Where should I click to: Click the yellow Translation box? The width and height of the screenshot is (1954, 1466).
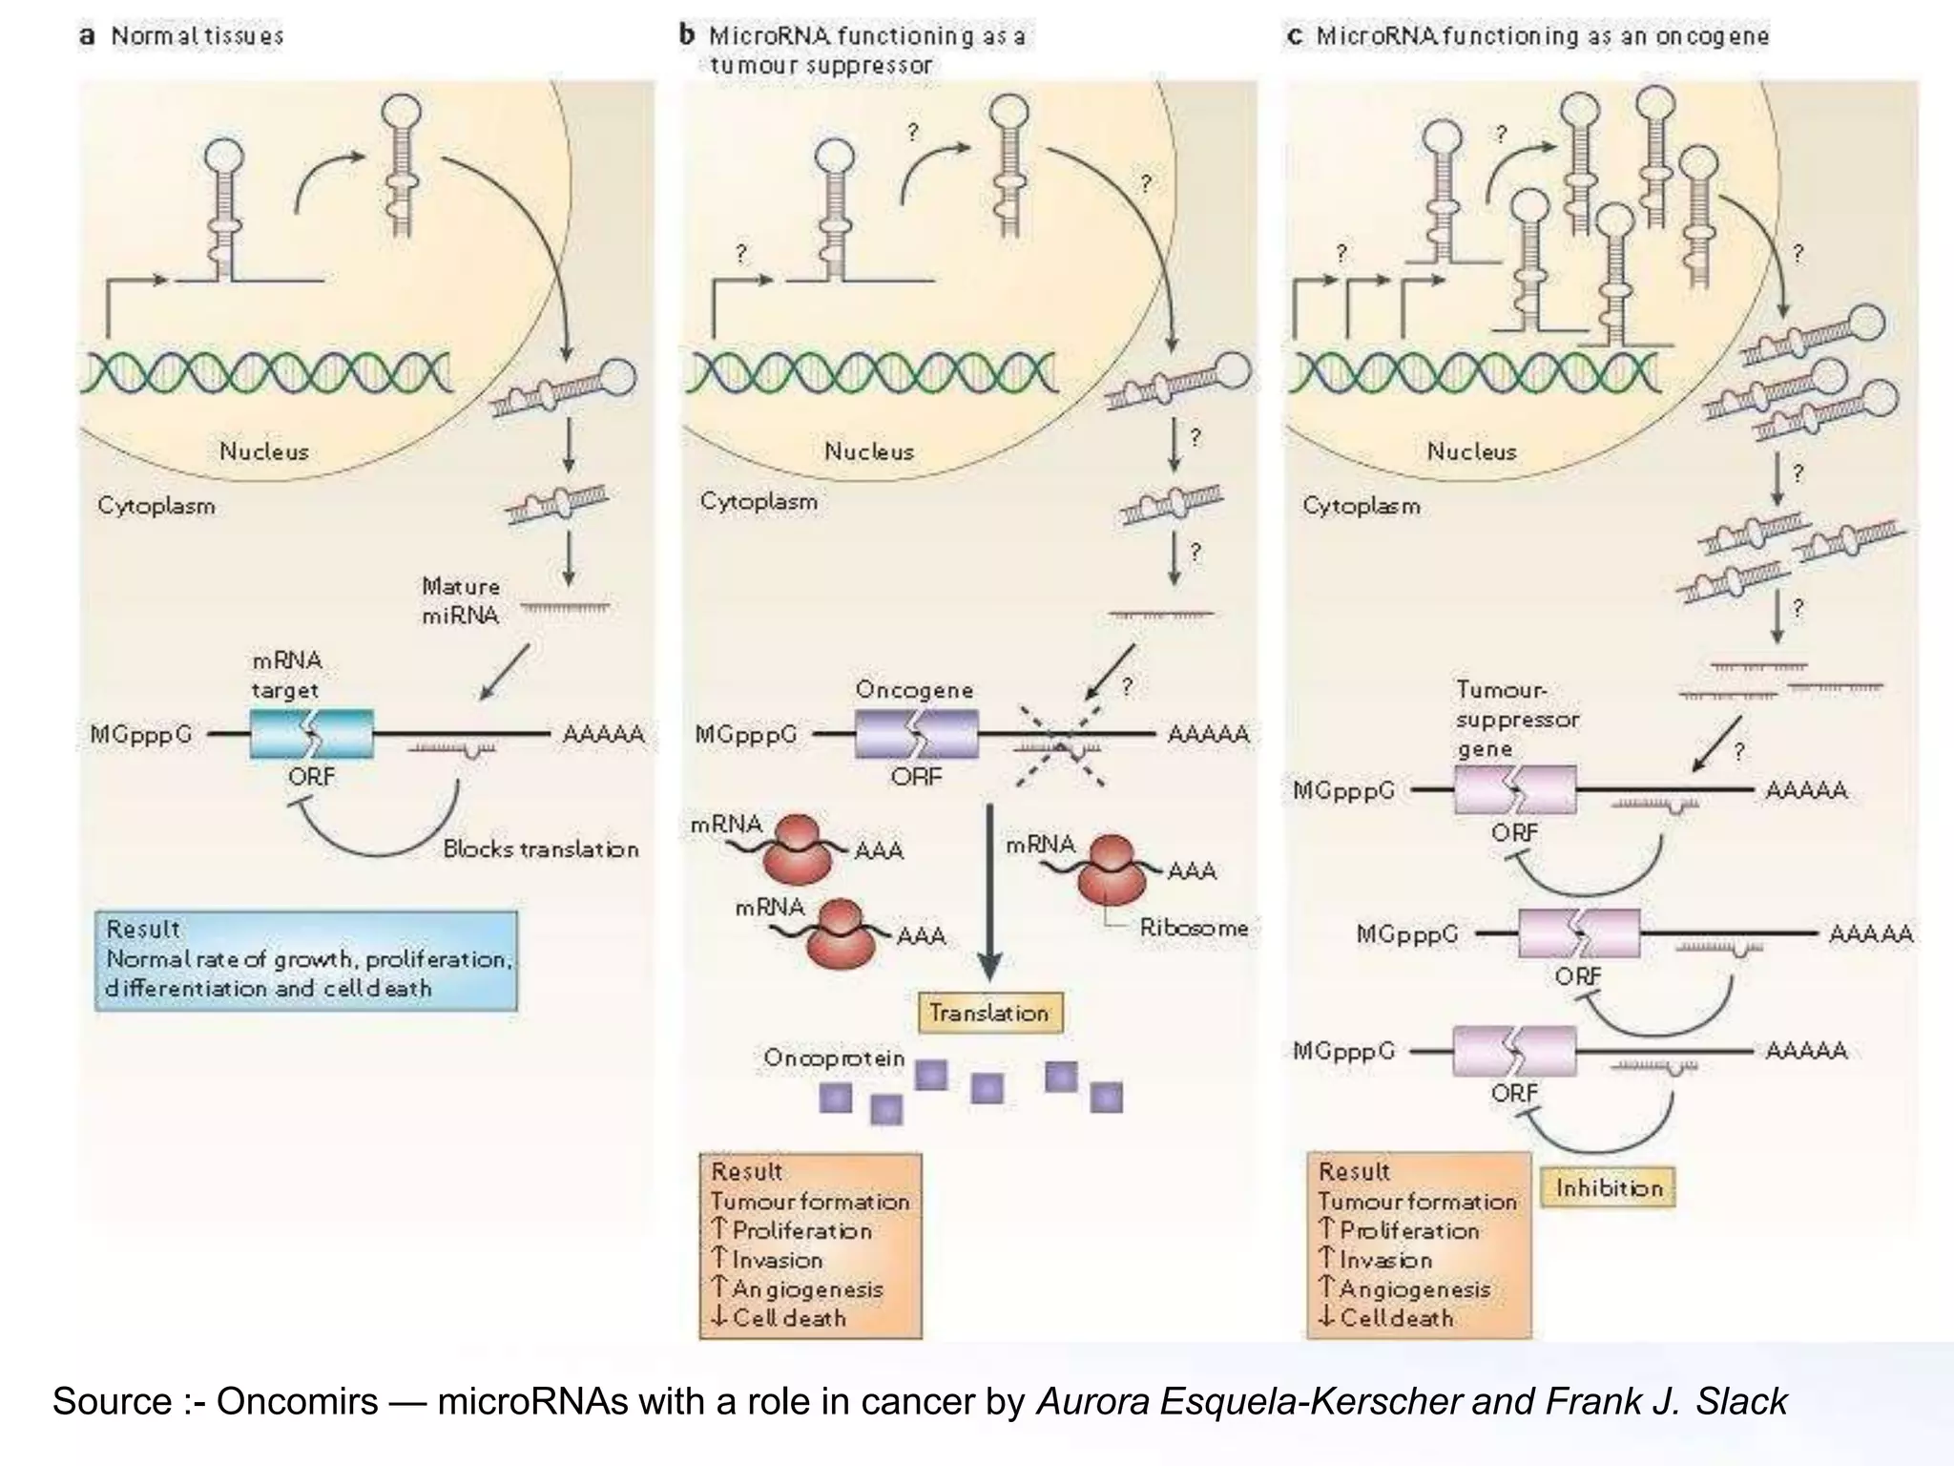point(989,1013)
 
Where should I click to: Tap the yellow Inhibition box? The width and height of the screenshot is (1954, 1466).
point(1609,1188)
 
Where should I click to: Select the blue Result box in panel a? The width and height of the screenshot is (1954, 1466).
point(306,960)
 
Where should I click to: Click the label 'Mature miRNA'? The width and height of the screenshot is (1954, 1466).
point(461,600)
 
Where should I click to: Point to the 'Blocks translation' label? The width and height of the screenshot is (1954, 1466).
point(540,849)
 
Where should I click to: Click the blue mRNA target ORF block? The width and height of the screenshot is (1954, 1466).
point(311,734)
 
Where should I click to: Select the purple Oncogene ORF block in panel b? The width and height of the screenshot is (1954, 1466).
point(916,734)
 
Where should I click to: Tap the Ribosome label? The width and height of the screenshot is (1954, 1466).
point(1194,928)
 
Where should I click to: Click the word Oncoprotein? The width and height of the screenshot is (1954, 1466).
point(833,1058)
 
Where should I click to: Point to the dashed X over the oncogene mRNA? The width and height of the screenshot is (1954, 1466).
point(1061,744)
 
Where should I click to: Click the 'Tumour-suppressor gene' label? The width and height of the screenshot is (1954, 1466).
point(1517,719)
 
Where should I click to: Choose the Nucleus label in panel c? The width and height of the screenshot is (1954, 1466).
point(1471,451)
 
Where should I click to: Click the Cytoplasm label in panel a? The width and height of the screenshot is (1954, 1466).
point(156,506)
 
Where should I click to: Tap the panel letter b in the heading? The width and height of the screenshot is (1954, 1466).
point(687,36)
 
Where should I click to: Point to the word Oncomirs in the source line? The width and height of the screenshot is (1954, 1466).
point(297,1401)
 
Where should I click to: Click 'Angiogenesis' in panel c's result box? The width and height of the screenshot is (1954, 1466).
point(1414,1289)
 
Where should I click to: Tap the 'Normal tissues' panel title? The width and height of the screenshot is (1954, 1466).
point(197,36)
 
